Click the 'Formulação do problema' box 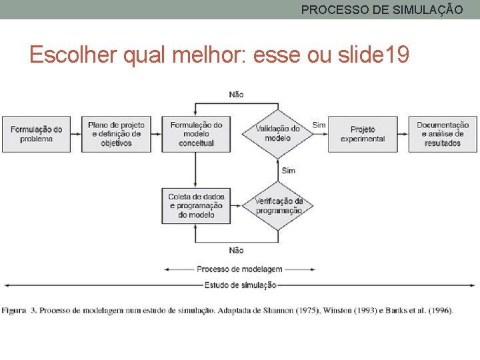pos(36,134)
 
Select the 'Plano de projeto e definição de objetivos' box pos(116,134)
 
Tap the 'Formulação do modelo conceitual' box pos(196,134)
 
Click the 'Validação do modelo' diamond pos(277,134)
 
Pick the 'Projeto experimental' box pos(363,134)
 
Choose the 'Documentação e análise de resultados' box pos(443,134)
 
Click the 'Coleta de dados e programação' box pos(196,205)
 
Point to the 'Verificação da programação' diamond pos(278,205)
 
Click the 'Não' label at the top pos(236,94)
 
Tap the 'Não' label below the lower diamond pos(236,250)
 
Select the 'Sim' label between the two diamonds pos(288,171)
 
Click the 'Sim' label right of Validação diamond pos(319,125)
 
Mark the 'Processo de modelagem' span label pos(239,269)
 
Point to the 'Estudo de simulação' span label pos(240,285)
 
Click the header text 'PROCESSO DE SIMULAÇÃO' pos(381,10)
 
